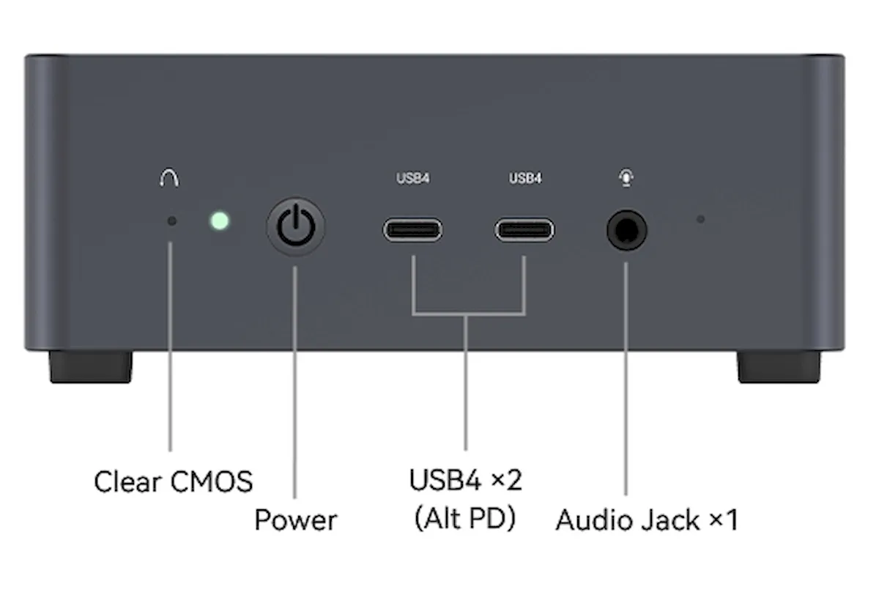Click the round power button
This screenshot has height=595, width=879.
296,227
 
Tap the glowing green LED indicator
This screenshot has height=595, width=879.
220,221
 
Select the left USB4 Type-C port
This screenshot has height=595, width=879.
413,230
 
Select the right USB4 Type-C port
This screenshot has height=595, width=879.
524,230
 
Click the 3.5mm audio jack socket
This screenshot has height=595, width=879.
627,230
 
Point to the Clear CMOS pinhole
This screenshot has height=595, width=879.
172,221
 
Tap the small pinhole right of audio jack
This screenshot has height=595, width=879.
701,219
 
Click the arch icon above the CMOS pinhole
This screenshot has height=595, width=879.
169,178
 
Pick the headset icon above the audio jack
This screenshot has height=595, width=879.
626,178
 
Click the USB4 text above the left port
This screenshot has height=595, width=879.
413,179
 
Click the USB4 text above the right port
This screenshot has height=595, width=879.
525,179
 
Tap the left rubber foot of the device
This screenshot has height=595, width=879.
91,366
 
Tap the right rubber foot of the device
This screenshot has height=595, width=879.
779,366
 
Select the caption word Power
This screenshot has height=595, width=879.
296,520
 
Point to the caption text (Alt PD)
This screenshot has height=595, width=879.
465,519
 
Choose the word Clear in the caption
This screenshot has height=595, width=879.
128,481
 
